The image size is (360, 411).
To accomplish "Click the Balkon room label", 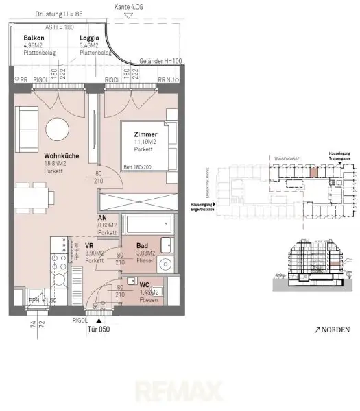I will pos(34,38).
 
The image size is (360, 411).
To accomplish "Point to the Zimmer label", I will pos(146,134).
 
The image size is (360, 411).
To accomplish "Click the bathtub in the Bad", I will pos(145,224).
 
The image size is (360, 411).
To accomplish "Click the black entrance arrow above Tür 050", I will pos(101,320).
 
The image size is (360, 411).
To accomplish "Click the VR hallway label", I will pos(89,245).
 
